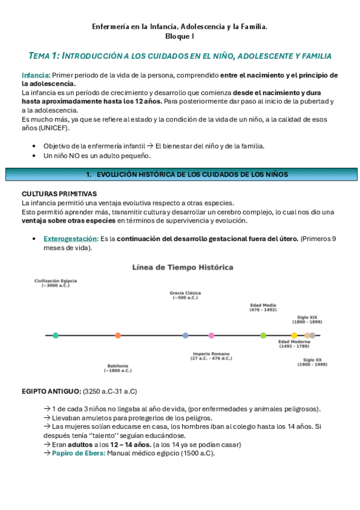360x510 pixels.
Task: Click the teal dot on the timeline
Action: [55, 335]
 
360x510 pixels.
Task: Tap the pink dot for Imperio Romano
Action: [211, 335]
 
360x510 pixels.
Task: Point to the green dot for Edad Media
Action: [263, 335]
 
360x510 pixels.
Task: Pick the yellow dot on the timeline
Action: [294, 335]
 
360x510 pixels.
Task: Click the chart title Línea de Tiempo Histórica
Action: [183, 267]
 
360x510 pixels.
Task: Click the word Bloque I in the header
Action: [180, 37]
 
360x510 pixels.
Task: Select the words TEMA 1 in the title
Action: [44, 56]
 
